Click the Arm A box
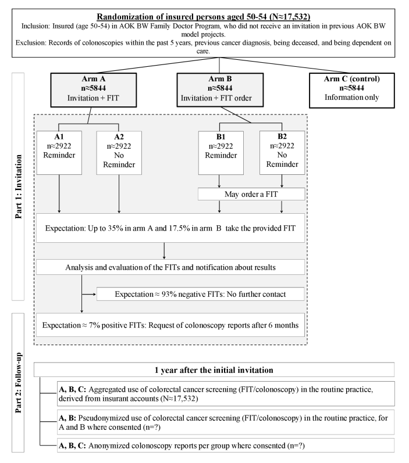pos(94,90)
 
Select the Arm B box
pos(220,90)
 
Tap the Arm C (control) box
pos(351,91)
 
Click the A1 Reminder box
pos(59,153)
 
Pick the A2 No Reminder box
pos(119,153)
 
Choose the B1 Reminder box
pos(221,153)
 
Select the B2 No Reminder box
pos(282,153)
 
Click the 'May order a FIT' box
pos(251,194)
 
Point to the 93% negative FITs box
pos(201,294)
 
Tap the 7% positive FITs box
pos(170,325)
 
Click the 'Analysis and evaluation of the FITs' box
pos(170,267)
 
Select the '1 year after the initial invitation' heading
pos(214,369)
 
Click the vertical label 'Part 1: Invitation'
pos(19,186)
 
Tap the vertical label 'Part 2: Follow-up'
pos(19,383)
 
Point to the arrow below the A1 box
pos(59,194)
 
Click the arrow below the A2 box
pos(119,194)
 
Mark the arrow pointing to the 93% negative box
pos(89,294)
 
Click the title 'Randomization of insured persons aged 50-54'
pos(204,16)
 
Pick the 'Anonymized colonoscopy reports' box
pos(226,446)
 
